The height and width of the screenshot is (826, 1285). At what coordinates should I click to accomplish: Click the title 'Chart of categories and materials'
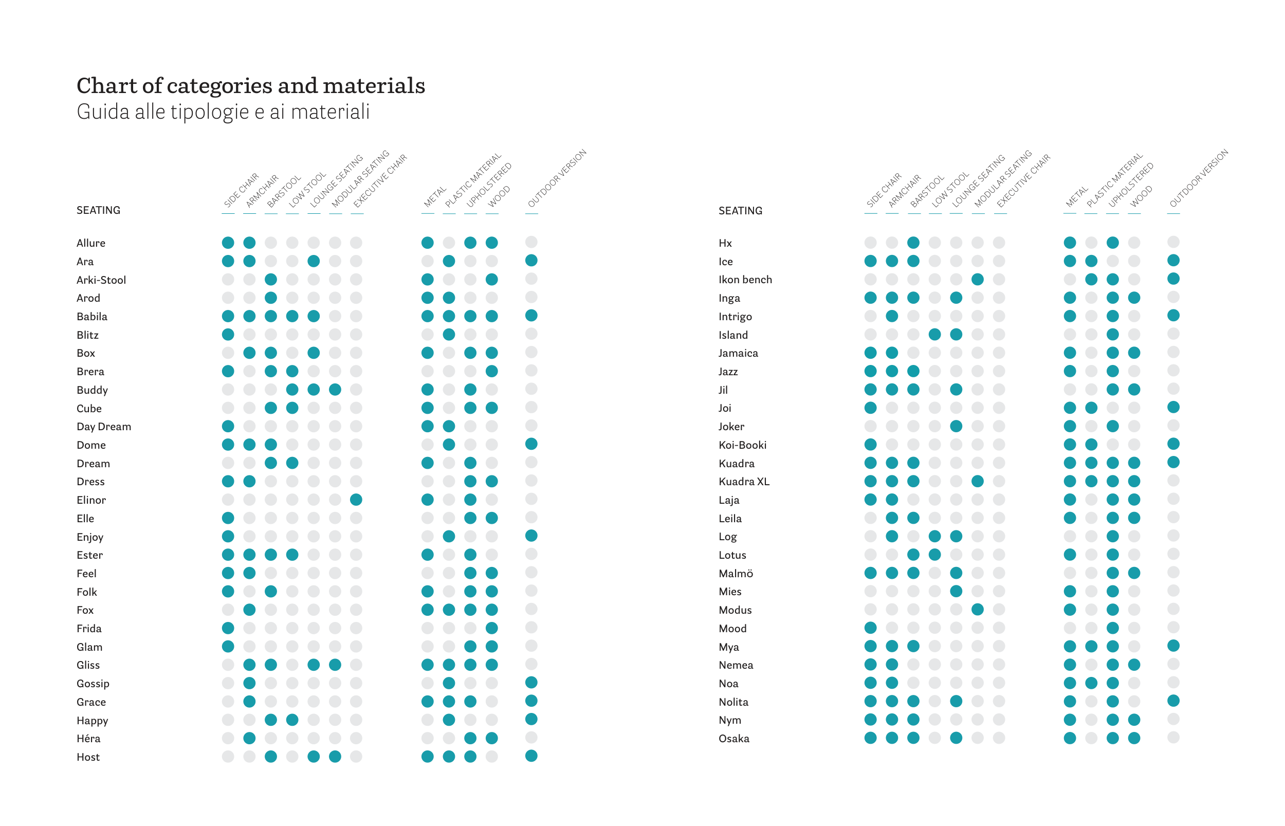(250, 86)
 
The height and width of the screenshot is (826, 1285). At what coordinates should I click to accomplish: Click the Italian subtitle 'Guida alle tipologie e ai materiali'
(223, 112)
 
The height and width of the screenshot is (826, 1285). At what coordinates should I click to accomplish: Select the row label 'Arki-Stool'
(101, 280)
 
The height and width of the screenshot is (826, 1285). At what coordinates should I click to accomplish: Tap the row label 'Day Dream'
(103, 427)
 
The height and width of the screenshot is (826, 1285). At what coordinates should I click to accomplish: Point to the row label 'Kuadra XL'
(744, 482)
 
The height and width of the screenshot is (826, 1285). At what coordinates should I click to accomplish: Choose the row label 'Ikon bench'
(745, 280)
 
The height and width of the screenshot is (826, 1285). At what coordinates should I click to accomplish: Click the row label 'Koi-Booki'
(742, 445)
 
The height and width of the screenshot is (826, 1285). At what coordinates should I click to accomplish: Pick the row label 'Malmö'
(736, 574)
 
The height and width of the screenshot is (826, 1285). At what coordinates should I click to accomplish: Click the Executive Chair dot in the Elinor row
(356, 500)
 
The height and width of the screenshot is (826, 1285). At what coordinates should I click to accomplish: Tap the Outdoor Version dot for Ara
(531, 261)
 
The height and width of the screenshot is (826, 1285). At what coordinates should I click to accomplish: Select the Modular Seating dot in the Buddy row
(335, 390)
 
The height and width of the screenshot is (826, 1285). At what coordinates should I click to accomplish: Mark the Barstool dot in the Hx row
(913, 243)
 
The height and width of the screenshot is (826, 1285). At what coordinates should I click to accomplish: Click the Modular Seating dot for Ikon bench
(978, 280)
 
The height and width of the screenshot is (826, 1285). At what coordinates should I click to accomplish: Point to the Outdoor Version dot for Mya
(1173, 646)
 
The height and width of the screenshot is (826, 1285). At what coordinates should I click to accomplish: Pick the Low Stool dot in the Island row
(935, 335)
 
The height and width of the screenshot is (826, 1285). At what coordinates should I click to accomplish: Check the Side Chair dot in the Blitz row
(228, 335)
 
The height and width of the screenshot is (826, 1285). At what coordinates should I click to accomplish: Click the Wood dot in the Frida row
(492, 628)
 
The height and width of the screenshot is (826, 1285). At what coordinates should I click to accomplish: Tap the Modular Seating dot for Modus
(978, 610)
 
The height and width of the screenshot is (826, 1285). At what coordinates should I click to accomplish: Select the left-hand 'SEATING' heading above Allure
(98, 210)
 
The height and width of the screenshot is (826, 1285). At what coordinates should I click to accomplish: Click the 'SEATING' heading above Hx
(740, 211)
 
